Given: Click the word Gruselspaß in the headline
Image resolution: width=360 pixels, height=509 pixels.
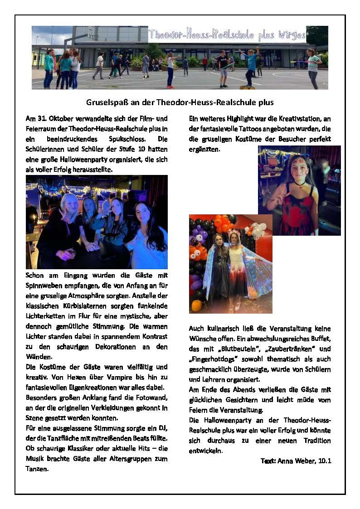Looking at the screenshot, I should [x=106, y=102].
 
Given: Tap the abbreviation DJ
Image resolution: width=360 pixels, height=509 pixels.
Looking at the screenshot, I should [x=162, y=427].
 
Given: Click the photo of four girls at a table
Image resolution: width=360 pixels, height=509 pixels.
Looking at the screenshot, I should [x=97, y=222].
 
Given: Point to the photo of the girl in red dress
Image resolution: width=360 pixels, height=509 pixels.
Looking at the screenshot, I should [x=299, y=190].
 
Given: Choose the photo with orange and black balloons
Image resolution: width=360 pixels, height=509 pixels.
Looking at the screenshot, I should [x=230, y=264].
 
